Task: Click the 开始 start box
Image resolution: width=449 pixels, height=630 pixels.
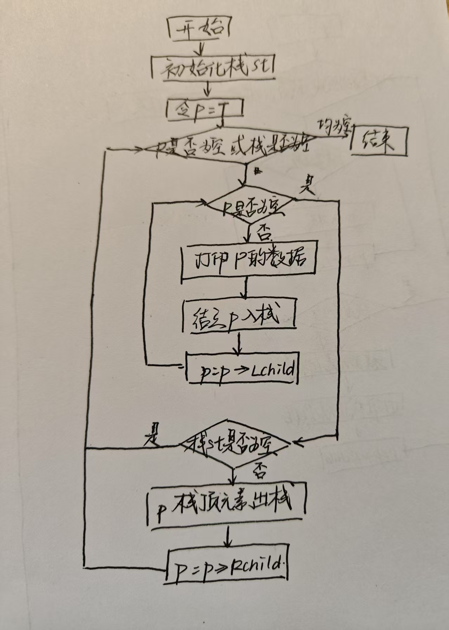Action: pyautogui.click(x=198, y=28)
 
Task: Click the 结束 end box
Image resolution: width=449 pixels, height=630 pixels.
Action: pyautogui.click(x=379, y=141)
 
